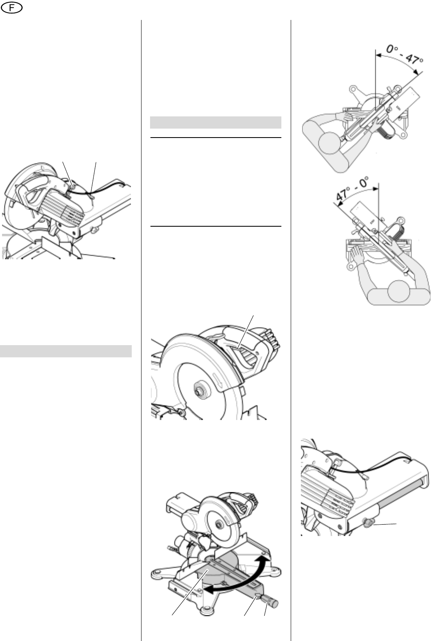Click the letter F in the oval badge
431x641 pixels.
pyautogui.click(x=11, y=8)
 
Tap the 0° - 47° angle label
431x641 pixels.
pyautogui.click(x=405, y=56)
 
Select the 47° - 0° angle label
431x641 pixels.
pyautogui.click(x=352, y=188)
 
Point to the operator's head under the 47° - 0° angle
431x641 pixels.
pyautogui.click(x=399, y=291)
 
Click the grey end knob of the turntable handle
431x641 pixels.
pyautogui.click(x=274, y=604)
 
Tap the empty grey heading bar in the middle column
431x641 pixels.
pyautogui.click(x=215, y=122)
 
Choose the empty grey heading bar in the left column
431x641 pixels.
pyautogui.click(x=66, y=351)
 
